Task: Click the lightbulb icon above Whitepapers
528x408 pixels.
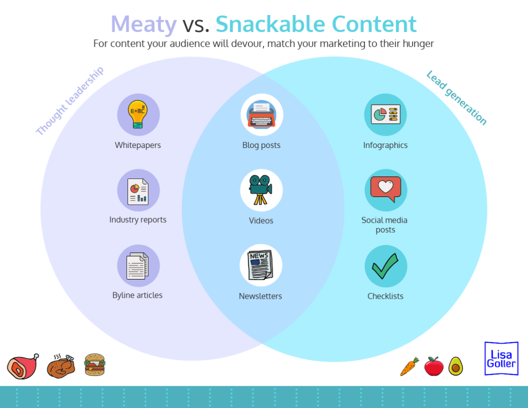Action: coord(138,114)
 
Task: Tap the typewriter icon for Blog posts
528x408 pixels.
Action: coord(261,114)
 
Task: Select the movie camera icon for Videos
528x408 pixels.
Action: coord(261,190)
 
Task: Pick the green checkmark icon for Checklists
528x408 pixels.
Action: coord(385,266)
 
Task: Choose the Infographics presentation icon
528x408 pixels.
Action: coord(385,114)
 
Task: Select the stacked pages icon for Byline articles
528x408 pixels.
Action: coord(138,266)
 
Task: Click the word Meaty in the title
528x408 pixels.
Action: coord(144,24)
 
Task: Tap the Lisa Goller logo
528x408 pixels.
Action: coord(501,358)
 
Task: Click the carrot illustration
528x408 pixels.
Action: coord(409,366)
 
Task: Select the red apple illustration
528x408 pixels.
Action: coord(434,366)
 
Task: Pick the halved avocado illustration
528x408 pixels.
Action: coord(455,366)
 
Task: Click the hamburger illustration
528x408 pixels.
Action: coord(94,365)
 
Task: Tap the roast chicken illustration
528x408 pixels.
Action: coord(61,366)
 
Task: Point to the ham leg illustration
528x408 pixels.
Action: coord(22,366)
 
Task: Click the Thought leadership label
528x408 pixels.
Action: coord(70,101)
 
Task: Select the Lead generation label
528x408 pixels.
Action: coord(456,98)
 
